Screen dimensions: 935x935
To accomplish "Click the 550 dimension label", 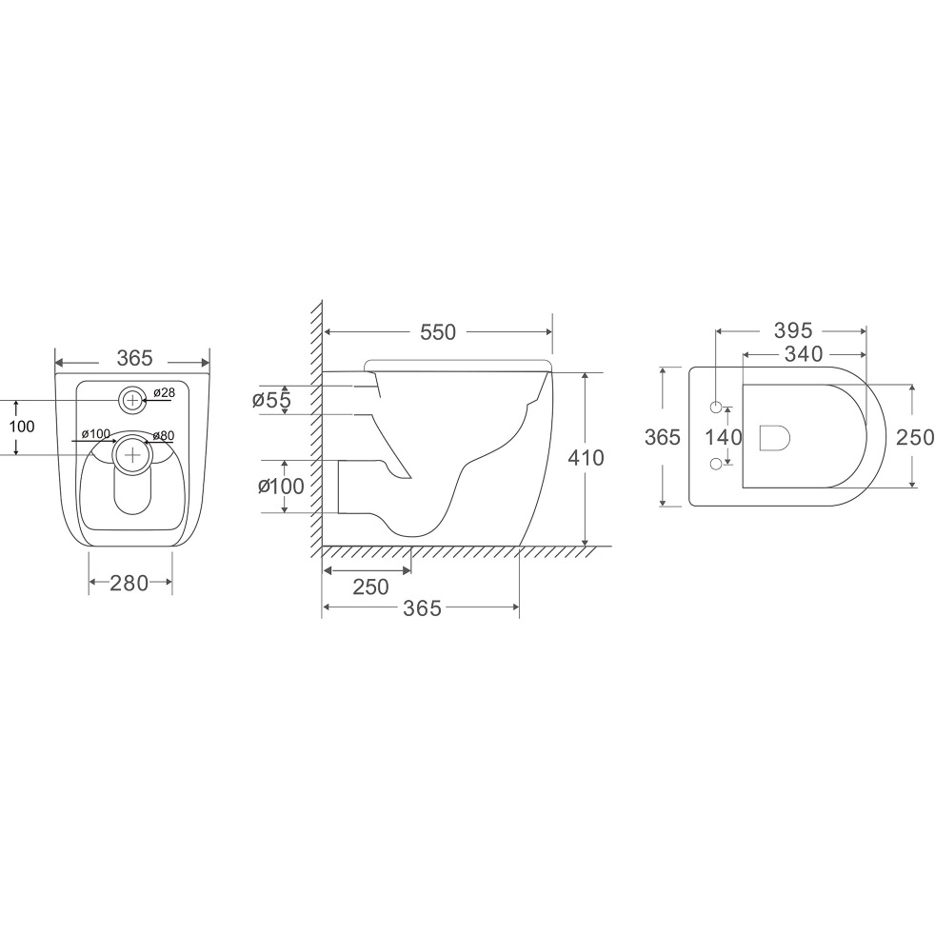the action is click(438, 332).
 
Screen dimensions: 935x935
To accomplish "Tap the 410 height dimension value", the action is click(586, 458).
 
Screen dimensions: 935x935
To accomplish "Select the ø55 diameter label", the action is click(271, 400).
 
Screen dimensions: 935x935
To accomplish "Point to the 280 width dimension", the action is click(129, 583).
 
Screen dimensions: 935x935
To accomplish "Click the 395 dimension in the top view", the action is click(793, 330).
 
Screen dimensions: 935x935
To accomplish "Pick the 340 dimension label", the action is click(804, 354).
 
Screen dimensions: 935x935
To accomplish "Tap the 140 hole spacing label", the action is click(724, 438).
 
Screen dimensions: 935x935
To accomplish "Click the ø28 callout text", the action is click(164, 392).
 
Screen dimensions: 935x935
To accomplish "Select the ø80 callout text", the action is click(164, 436).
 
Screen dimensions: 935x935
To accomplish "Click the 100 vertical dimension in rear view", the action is click(22, 427).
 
